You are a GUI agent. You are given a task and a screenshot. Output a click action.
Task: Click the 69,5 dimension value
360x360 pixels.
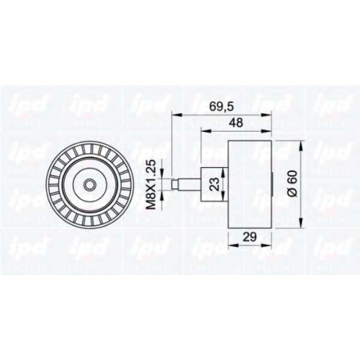click(x=221, y=107)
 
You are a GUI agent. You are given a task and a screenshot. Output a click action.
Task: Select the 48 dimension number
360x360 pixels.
click(x=235, y=122)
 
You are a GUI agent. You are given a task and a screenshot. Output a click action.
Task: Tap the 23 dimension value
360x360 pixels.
click(x=215, y=184)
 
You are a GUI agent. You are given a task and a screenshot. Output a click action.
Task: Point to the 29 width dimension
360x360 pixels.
click(x=249, y=237)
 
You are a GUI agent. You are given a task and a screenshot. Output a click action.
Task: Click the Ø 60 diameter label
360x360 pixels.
click(x=293, y=184)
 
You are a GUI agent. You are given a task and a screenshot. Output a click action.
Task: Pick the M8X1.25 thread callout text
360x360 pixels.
click(x=151, y=184)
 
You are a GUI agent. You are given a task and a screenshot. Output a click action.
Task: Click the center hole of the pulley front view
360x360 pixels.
click(x=89, y=184)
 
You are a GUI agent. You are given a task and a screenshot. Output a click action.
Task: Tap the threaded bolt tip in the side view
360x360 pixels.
click(x=175, y=184)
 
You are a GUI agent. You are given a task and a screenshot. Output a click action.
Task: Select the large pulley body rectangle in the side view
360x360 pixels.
click(x=250, y=184)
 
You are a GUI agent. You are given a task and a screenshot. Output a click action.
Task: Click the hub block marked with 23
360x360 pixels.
click(x=215, y=184)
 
